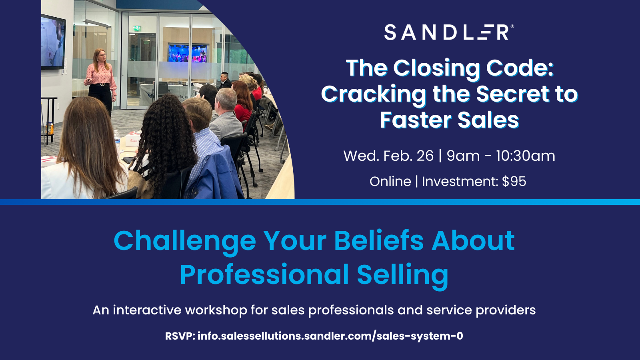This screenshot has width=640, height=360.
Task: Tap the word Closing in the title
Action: pyautogui.click(x=436, y=68)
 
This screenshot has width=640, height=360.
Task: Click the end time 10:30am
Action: pyautogui.click(x=525, y=156)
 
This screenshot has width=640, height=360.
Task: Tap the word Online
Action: pyautogui.click(x=390, y=181)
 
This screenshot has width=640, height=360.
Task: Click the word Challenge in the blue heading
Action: pyautogui.click(x=184, y=241)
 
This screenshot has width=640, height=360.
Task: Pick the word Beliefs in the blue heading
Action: pyautogui.click(x=378, y=241)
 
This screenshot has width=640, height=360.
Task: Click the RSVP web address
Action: pyautogui.click(x=330, y=336)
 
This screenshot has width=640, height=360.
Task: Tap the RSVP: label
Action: pyautogui.click(x=180, y=336)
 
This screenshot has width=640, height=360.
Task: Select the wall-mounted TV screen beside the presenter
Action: pyautogui.click(x=53, y=42)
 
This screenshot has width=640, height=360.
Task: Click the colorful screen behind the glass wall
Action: pyautogui.click(x=187, y=53)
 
